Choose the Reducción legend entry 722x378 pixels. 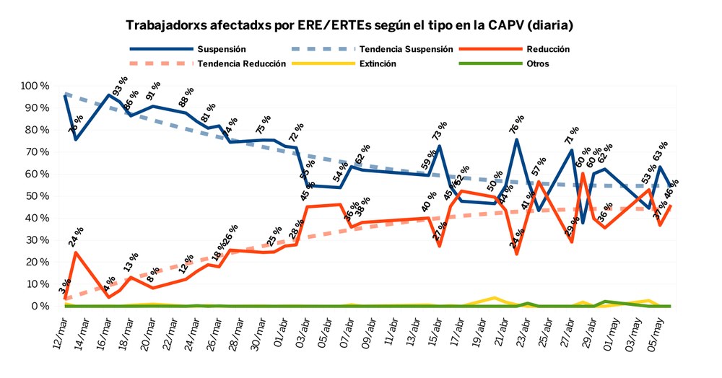click(x=548, y=49)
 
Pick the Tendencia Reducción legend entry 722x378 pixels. click(x=242, y=63)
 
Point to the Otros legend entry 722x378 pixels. click(x=537, y=63)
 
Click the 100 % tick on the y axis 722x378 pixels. click(x=34, y=86)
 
